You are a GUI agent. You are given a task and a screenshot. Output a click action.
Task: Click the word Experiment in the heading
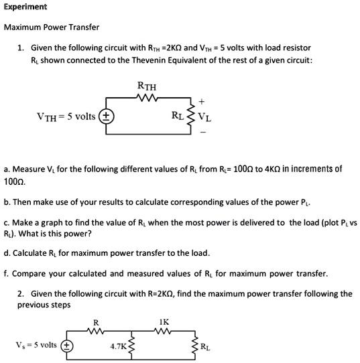(x=25, y=7)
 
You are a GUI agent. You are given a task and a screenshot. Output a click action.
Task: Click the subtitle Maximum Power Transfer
(x=52, y=27)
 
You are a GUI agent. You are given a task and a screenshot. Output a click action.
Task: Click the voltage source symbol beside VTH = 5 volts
(x=106, y=117)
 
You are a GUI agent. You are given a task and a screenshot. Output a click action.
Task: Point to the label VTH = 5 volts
(x=66, y=117)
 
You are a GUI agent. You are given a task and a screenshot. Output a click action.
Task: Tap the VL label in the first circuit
(x=205, y=118)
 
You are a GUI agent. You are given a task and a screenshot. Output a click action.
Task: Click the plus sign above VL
(x=202, y=102)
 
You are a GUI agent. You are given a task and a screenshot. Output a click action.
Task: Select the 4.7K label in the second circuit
(x=118, y=347)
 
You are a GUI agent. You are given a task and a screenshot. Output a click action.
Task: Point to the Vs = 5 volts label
(x=35, y=345)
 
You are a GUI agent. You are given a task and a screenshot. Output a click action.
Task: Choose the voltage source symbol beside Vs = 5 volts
(x=66, y=346)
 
